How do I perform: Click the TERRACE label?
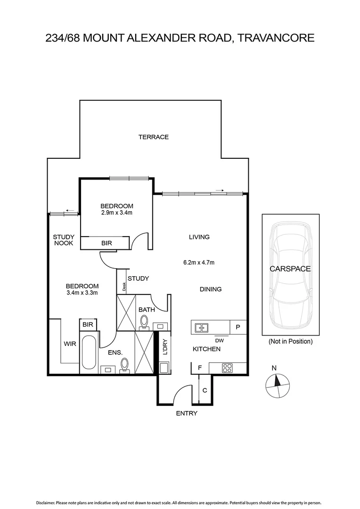point(153,137)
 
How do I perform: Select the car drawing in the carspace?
point(290,276)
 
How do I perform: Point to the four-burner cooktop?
point(227,368)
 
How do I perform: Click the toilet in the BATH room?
point(144,321)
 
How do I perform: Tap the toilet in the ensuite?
point(125,365)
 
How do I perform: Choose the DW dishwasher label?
point(219,340)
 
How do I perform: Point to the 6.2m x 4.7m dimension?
point(199,263)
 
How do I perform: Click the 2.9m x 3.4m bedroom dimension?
point(117,213)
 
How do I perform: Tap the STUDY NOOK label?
point(64,240)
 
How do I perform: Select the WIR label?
point(70,344)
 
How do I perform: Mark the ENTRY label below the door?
point(186,413)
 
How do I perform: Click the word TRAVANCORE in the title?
point(276,38)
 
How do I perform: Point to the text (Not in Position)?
point(290,341)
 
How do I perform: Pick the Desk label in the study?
point(124,287)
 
